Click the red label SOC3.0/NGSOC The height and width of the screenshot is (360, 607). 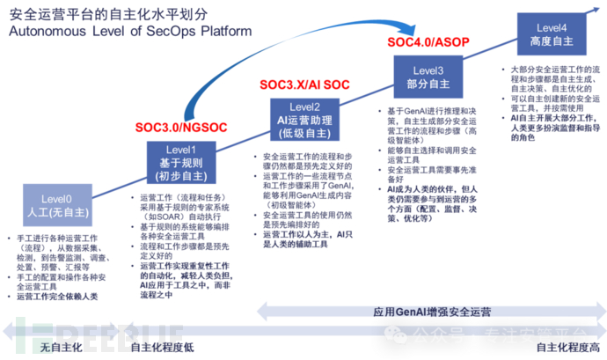pos(181,127)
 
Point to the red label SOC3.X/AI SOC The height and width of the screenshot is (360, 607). pos(303,84)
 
